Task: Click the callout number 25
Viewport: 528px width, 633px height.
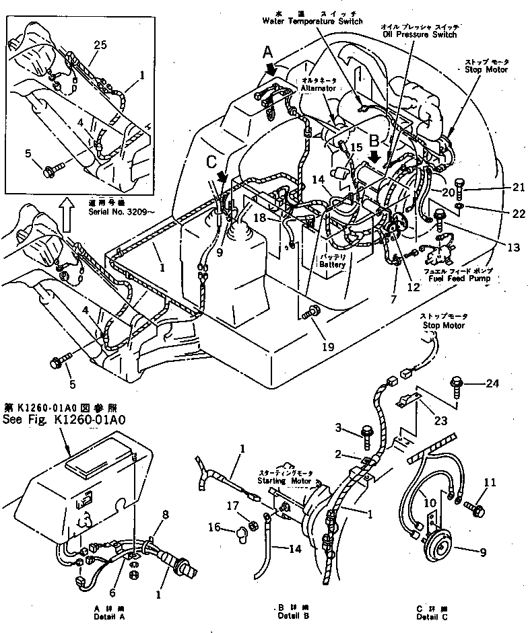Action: (x=100, y=45)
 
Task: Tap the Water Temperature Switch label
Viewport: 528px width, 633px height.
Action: (x=312, y=21)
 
